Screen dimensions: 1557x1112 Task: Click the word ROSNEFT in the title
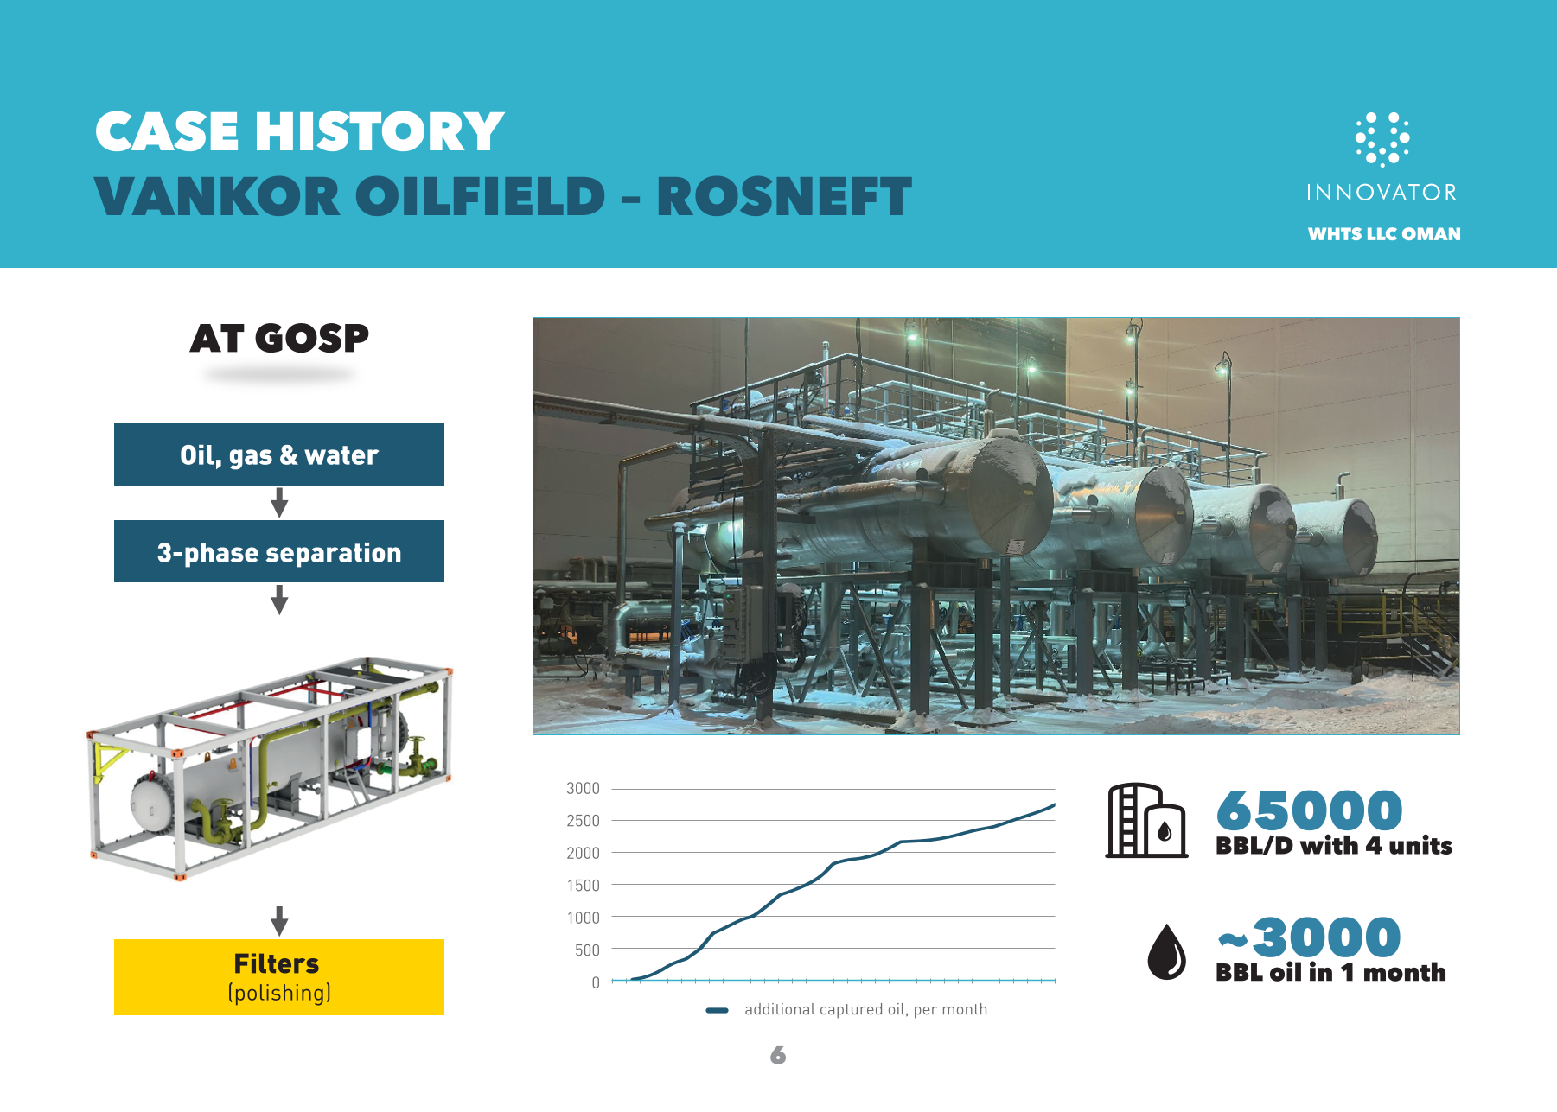click(784, 196)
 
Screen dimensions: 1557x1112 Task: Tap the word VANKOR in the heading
click(217, 196)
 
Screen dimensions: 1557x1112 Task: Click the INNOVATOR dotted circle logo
click(1382, 138)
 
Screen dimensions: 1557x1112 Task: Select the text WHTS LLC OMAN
click(1384, 234)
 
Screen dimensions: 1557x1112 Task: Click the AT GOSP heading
click(279, 338)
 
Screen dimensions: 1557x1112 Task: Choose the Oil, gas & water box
click(279, 454)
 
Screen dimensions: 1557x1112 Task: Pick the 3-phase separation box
click(279, 551)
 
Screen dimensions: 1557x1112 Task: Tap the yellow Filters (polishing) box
click(279, 977)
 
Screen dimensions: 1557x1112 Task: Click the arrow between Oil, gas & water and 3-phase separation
click(279, 502)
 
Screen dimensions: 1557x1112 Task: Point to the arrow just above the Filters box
click(279, 921)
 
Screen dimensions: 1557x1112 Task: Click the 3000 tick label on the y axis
click(583, 788)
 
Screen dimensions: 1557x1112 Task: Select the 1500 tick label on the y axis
click(583, 885)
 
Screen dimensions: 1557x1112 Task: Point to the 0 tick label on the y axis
click(596, 982)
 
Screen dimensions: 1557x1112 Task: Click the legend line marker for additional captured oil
click(718, 1010)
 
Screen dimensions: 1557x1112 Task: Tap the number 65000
click(1309, 810)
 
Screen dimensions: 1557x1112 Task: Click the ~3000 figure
click(1309, 937)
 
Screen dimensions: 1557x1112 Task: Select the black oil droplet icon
click(1166, 951)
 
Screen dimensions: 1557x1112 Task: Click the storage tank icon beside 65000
click(1146, 820)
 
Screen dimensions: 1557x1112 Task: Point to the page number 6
click(778, 1055)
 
